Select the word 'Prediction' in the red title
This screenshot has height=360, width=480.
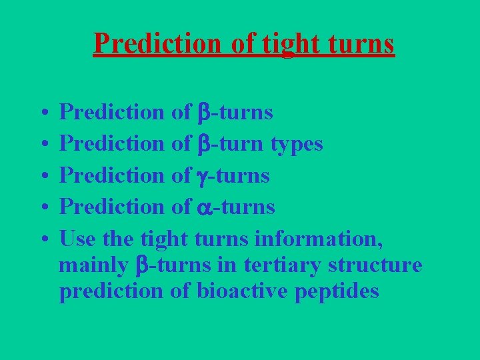[x=156, y=43]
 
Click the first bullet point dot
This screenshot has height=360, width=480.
[x=42, y=113]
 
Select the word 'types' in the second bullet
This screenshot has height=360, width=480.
[x=297, y=144]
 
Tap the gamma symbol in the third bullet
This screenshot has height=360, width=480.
[x=201, y=177]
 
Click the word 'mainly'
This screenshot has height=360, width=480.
[x=93, y=265]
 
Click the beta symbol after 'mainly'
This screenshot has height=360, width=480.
[x=141, y=265]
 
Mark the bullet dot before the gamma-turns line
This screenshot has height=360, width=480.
[x=42, y=176]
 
